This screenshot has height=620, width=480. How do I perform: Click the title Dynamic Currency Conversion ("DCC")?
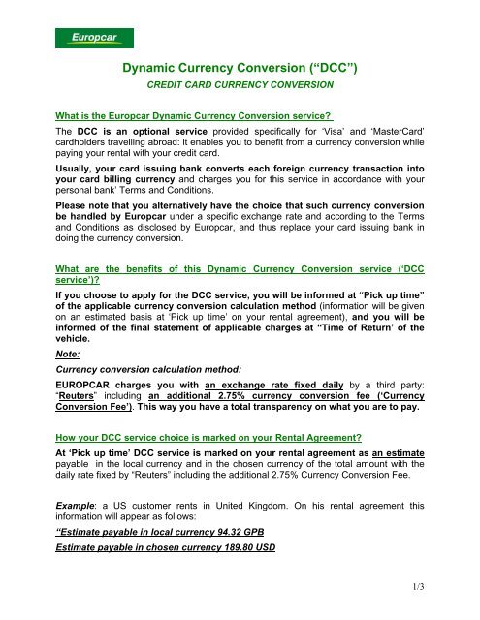pos(240,71)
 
